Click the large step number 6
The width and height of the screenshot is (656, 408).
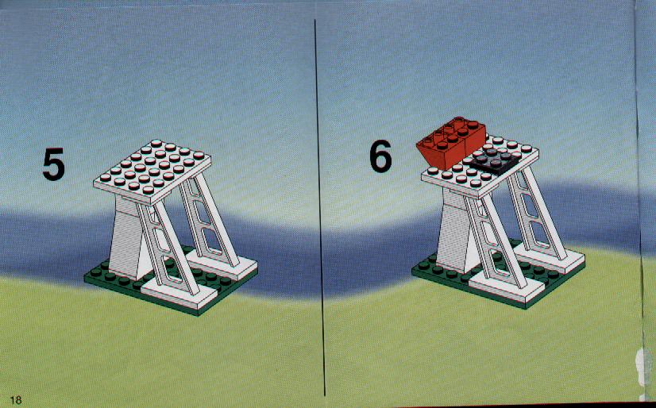(380, 156)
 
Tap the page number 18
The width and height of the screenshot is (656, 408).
(15, 400)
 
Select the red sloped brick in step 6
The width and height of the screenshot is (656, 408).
(451, 143)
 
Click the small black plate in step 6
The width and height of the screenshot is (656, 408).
(495, 160)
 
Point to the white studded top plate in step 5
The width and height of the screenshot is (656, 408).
(152, 171)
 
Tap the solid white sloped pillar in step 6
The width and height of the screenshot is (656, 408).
(455, 231)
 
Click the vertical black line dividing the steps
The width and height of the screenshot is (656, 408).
(319, 207)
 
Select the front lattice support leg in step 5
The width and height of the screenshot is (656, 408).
(168, 248)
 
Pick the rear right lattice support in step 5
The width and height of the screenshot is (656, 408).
(210, 219)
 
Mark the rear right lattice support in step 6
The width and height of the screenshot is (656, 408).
(537, 213)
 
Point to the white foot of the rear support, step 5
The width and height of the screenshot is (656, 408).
(222, 264)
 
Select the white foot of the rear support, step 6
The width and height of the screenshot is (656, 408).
(550, 256)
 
